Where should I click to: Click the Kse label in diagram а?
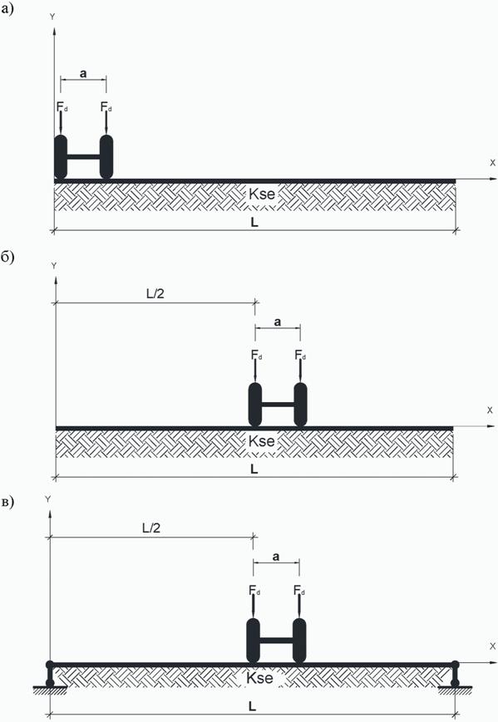tap(262, 194)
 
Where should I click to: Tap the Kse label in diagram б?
tap(261, 441)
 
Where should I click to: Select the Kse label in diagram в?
tap(259, 678)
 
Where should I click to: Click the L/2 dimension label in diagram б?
tap(155, 294)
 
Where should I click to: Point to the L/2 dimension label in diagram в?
tap(151, 528)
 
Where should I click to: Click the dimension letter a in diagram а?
tap(83, 73)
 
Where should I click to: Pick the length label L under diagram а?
tap(254, 223)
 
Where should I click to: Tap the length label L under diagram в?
tap(252, 706)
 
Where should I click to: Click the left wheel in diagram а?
tap(61, 156)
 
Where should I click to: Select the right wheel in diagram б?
tap(300, 405)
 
